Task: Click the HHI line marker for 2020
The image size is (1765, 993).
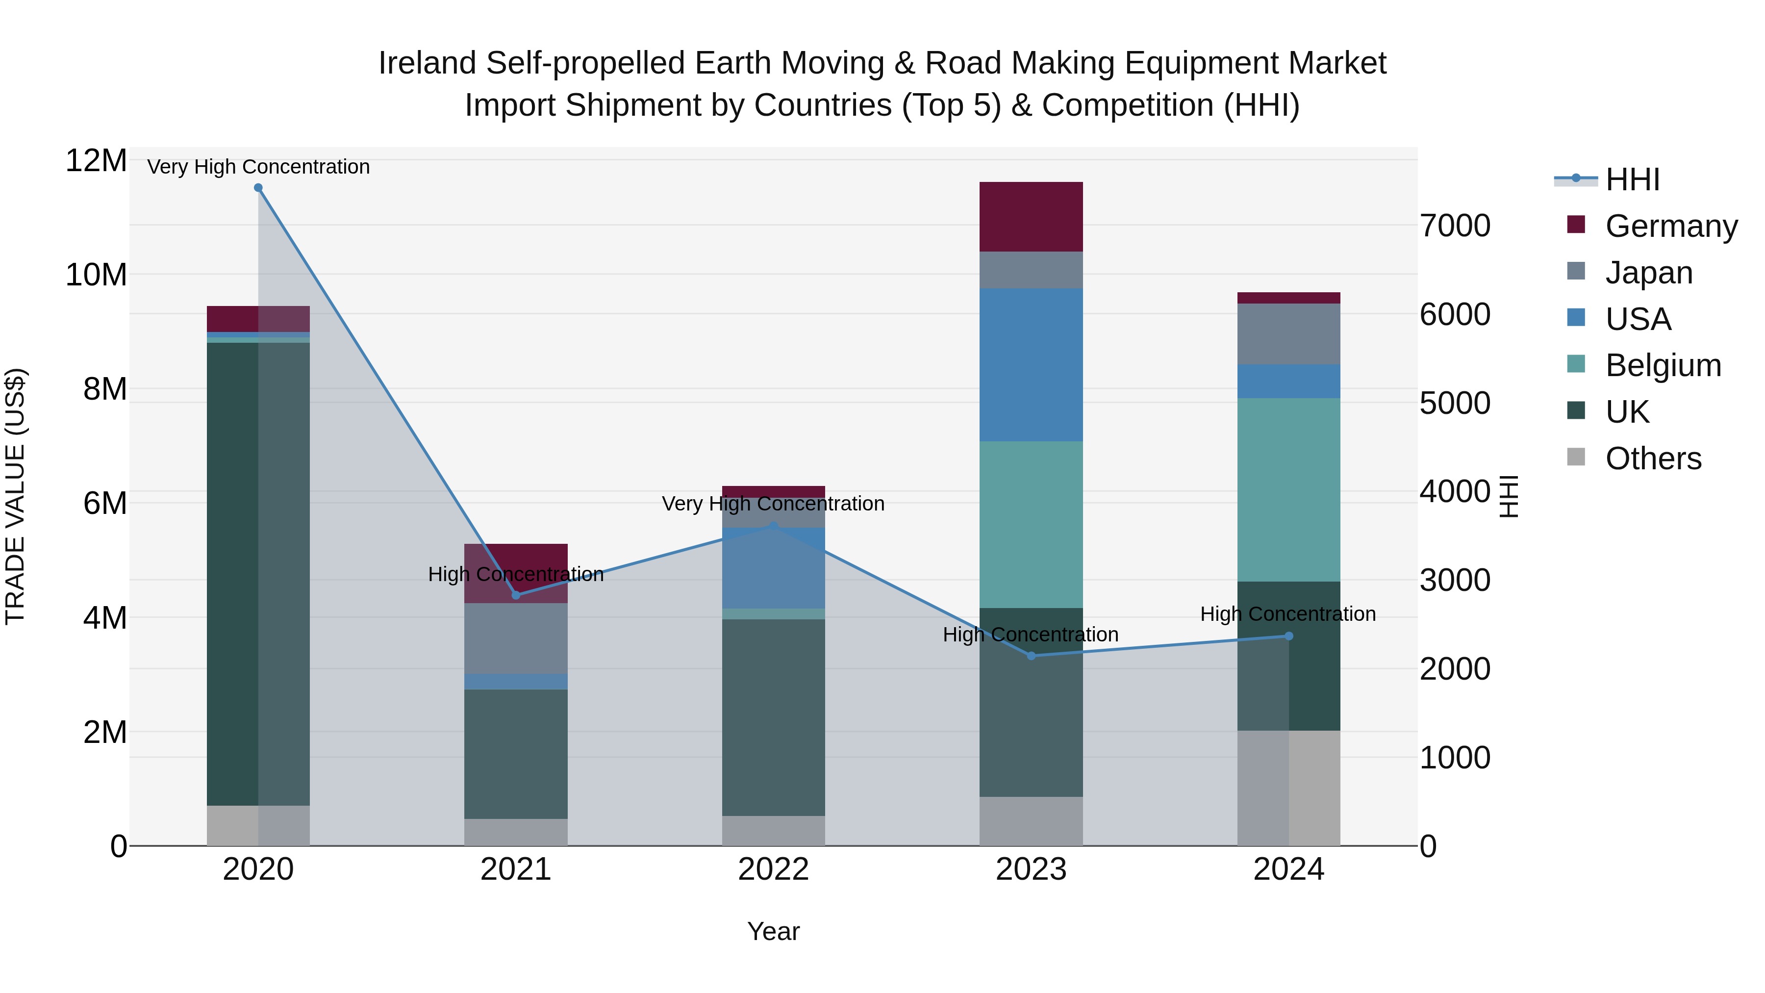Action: coord(258,188)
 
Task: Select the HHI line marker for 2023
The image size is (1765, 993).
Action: coord(1031,656)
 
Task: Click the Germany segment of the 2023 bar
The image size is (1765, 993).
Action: coord(1031,217)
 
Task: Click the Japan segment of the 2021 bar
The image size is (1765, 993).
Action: coord(516,638)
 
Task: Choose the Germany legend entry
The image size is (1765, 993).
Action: coord(1671,226)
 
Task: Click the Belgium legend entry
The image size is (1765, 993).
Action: coord(1663,365)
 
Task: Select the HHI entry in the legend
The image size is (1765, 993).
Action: coord(1632,179)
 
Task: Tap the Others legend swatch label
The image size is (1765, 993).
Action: coord(1653,458)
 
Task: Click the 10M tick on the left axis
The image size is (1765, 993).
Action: coord(96,275)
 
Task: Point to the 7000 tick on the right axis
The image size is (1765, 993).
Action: coord(1455,226)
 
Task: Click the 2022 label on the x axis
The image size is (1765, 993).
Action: coord(774,869)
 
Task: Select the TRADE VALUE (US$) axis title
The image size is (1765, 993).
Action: coord(15,496)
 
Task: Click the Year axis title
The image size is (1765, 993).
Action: coord(774,931)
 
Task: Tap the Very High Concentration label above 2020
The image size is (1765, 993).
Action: coord(258,167)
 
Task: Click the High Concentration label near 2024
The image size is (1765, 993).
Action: coord(1287,613)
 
